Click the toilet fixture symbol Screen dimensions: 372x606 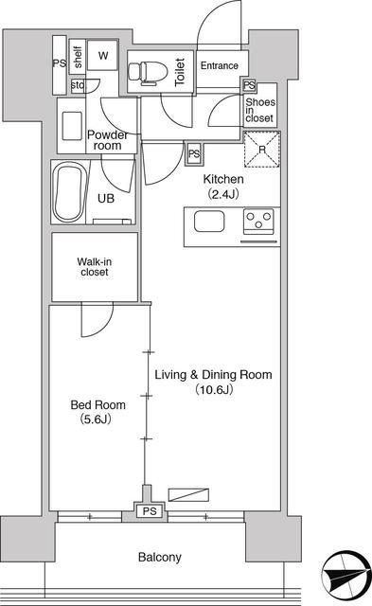coord(147,72)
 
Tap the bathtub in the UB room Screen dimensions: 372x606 coord(69,192)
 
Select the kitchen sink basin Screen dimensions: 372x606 coord(209,223)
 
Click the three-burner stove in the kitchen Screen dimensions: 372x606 coord(258,222)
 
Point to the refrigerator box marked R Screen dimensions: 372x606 coord(262,150)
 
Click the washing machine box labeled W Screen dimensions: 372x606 coord(102,55)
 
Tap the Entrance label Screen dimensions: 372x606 coord(219,65)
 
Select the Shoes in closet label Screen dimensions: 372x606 coord(260,110)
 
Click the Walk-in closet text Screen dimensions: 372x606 coord(95,267)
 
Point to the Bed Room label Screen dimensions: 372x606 coord(98,405)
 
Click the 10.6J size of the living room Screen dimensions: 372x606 coord(214,389)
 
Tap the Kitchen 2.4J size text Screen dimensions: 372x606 coord(223,193)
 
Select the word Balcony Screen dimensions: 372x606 coord(160,558)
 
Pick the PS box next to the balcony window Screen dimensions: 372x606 coord(150,511)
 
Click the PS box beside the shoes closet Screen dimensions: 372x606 coord(250,85)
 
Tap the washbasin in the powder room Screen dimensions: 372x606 coord(72,126)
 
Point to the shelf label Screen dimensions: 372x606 coord(78,57)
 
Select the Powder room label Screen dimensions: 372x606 coord(107,140)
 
